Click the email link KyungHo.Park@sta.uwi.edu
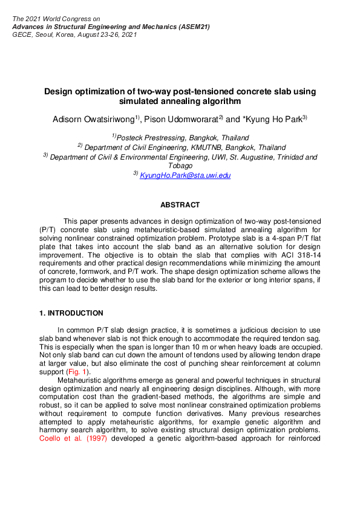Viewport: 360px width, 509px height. (185, 175)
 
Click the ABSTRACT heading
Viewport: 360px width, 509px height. (180, 206)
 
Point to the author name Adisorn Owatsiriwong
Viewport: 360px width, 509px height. (93, 119)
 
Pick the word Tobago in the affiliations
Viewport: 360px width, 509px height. (180, 165)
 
